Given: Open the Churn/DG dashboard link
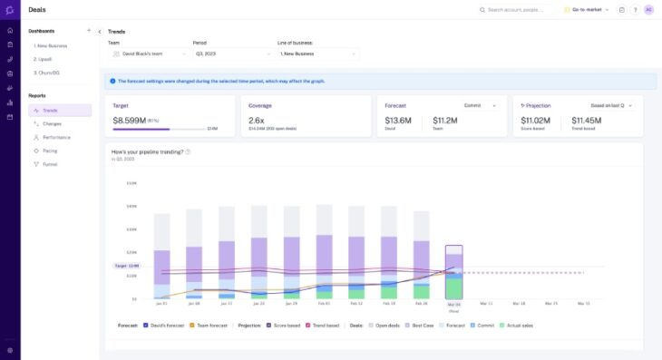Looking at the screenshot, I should pos(47,73).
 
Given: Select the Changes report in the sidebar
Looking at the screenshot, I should pos(52,123).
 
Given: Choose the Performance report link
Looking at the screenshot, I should pos(56,137).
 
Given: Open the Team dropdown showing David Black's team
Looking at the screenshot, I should pos(147,54).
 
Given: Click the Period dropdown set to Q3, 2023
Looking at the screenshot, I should pos(231,54).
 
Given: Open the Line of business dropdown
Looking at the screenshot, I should pos(317,54).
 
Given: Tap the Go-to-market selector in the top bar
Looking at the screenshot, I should pos(587,10).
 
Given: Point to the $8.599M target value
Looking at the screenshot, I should pos(132,120).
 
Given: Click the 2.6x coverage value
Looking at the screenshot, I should pos(257,120).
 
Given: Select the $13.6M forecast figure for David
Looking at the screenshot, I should pos(397,119).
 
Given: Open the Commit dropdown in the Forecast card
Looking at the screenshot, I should pos(481,105).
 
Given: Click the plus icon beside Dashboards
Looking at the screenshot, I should pos(89,31).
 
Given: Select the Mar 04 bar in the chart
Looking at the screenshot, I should pos(453,272).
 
